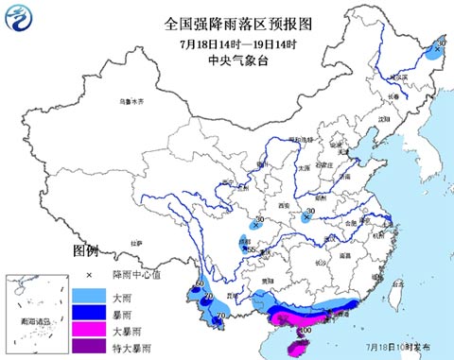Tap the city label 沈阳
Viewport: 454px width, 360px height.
click(x=383, y=120)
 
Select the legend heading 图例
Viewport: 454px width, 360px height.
click(x=85, y=251)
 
